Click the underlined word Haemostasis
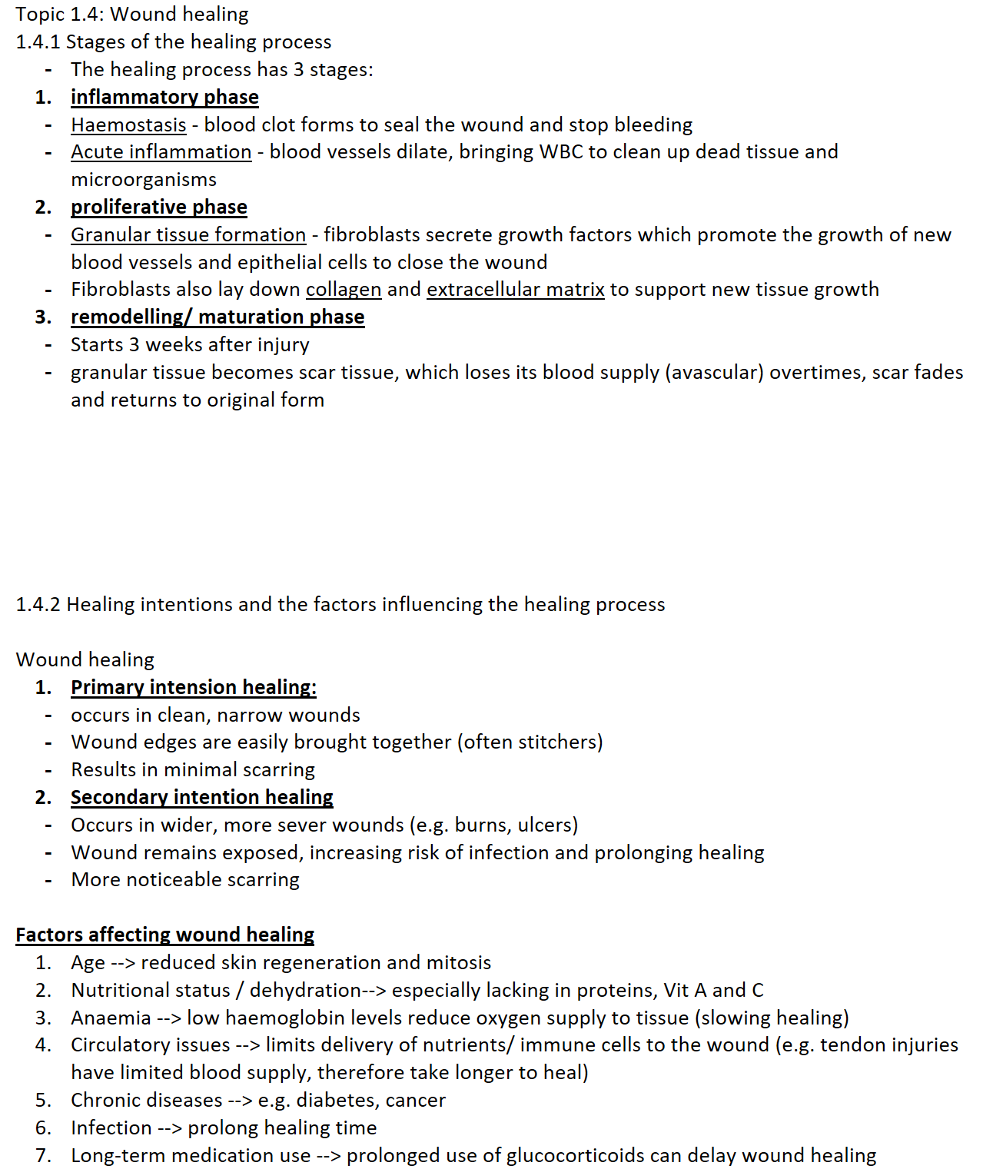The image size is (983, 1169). [x=128, y=125]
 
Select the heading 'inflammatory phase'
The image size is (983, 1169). [x=164, y=97]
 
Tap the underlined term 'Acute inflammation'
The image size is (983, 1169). [x=161, y=152]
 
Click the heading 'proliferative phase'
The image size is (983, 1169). [x=159, y=207]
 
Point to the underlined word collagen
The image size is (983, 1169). [x=344, y=290]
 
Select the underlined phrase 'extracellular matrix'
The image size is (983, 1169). [x=515, y=290]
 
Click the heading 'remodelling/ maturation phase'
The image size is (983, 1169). [x=218, y=317]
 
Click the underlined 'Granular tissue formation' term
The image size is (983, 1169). [x=188, y=234]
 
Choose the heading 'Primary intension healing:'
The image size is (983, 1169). [x=194, y=687]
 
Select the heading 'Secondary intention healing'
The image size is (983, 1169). [x=201, y=797]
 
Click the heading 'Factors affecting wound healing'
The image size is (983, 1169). [x=164, y=935]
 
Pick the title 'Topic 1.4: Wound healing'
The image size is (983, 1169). [x=131, y=14]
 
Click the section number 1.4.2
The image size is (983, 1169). [x=38, y=605]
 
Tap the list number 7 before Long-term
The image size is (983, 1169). [x=43, y=1155]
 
